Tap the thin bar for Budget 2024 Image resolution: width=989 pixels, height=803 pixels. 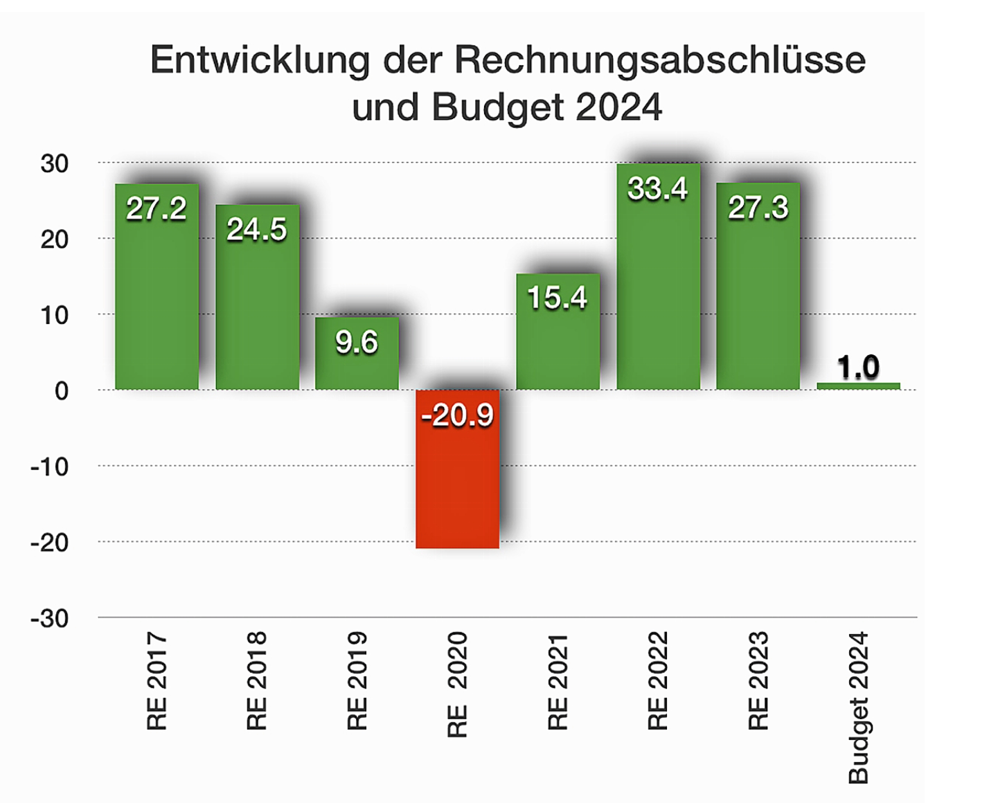click(x=858, y=386)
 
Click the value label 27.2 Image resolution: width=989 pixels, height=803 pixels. click(x=156, y=208)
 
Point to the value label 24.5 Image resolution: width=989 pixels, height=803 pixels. click(x=256, y=229)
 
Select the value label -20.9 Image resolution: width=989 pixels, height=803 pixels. click(x=457, y=415)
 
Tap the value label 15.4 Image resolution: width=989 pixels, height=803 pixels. click(x=557, y=298)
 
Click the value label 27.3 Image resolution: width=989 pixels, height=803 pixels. click(x=758, y=208)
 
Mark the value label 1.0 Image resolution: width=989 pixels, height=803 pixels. click(x=858, y=367)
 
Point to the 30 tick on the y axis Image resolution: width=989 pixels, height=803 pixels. click(x=55, y=164)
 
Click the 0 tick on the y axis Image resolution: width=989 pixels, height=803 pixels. click(x=62, y=391)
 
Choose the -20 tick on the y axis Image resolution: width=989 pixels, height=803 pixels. click(x=50, y=543)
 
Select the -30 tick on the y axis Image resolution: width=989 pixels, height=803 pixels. click(x=50, y=618)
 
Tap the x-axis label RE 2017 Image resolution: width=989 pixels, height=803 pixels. click(x=157, y=680)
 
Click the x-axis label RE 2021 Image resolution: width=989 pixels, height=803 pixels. click(x=558, y=682)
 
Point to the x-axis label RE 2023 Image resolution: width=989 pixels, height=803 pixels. click(x=758, y=680)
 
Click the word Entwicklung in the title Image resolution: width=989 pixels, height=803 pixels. click(x=260, y=60)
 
